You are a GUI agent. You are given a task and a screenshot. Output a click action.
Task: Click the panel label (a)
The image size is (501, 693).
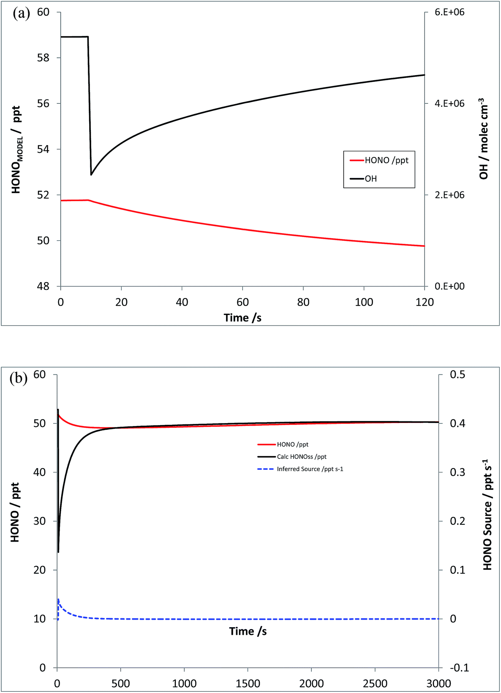(21, 13)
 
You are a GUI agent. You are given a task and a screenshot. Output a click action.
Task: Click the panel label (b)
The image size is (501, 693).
(19, 378)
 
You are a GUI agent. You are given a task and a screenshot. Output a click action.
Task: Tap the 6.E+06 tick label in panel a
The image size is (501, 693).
(449, 12)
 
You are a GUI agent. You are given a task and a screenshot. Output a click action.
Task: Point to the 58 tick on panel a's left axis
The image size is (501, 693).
(43, 58)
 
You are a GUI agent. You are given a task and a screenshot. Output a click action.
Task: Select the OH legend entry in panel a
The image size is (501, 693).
(370, 179)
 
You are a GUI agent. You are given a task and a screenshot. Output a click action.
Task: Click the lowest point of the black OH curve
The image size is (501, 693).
(91, 174)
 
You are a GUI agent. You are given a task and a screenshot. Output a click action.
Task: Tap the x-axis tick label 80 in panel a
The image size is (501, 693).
(303, 302)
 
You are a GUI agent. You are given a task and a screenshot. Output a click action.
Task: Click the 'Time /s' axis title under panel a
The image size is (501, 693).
(242, 318)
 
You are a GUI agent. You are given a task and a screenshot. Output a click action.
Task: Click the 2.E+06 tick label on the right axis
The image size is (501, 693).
(449, 195)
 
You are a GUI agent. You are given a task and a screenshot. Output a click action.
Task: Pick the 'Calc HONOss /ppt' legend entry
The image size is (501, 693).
(301, 457)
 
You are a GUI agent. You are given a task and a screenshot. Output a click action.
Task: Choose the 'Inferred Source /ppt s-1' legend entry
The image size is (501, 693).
(310, 469)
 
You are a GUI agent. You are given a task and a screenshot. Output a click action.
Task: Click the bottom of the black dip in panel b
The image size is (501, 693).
(58, 551)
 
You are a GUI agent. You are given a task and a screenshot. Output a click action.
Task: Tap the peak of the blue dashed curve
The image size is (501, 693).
(58, 599)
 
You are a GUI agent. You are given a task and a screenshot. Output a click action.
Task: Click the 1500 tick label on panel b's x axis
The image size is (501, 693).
(248, 683)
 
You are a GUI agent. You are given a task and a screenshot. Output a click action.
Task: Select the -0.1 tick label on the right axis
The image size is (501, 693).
(459, 668)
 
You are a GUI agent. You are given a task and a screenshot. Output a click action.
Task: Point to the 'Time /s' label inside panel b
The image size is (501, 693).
(248, 631)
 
